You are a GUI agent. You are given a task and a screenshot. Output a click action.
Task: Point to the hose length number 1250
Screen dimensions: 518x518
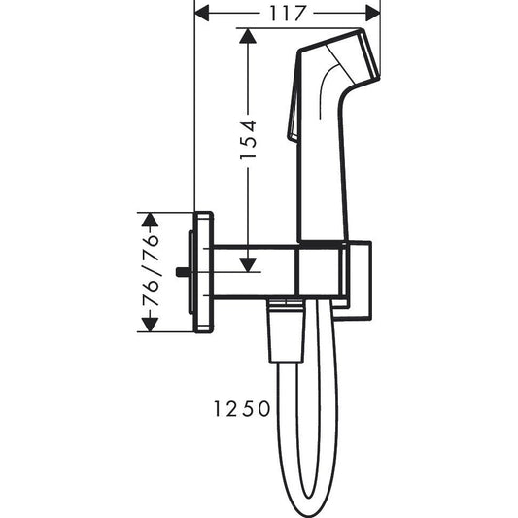coord(239,410)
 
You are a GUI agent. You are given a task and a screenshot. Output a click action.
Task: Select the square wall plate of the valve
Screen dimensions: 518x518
coord(205,272)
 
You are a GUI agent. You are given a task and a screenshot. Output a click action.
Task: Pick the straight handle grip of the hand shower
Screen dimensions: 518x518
coord(321,175)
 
